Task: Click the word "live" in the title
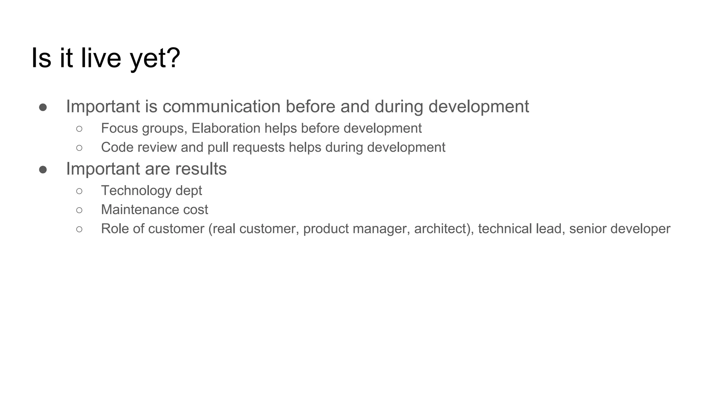pyautogui.click(x=101, y=58)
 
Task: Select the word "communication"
pyautogui.click(x=221, y=106)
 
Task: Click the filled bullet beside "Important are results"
pyautogui.click(x=43, y=169)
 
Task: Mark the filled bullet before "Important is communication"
pyautogui.click(x=43, y=107)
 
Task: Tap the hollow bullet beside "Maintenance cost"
pyautogui.click(x=79, y=210)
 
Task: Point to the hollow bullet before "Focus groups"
pyautogui.click(x=79, y=129)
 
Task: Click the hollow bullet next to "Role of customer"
pyautogui.click(x=79, y=229)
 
